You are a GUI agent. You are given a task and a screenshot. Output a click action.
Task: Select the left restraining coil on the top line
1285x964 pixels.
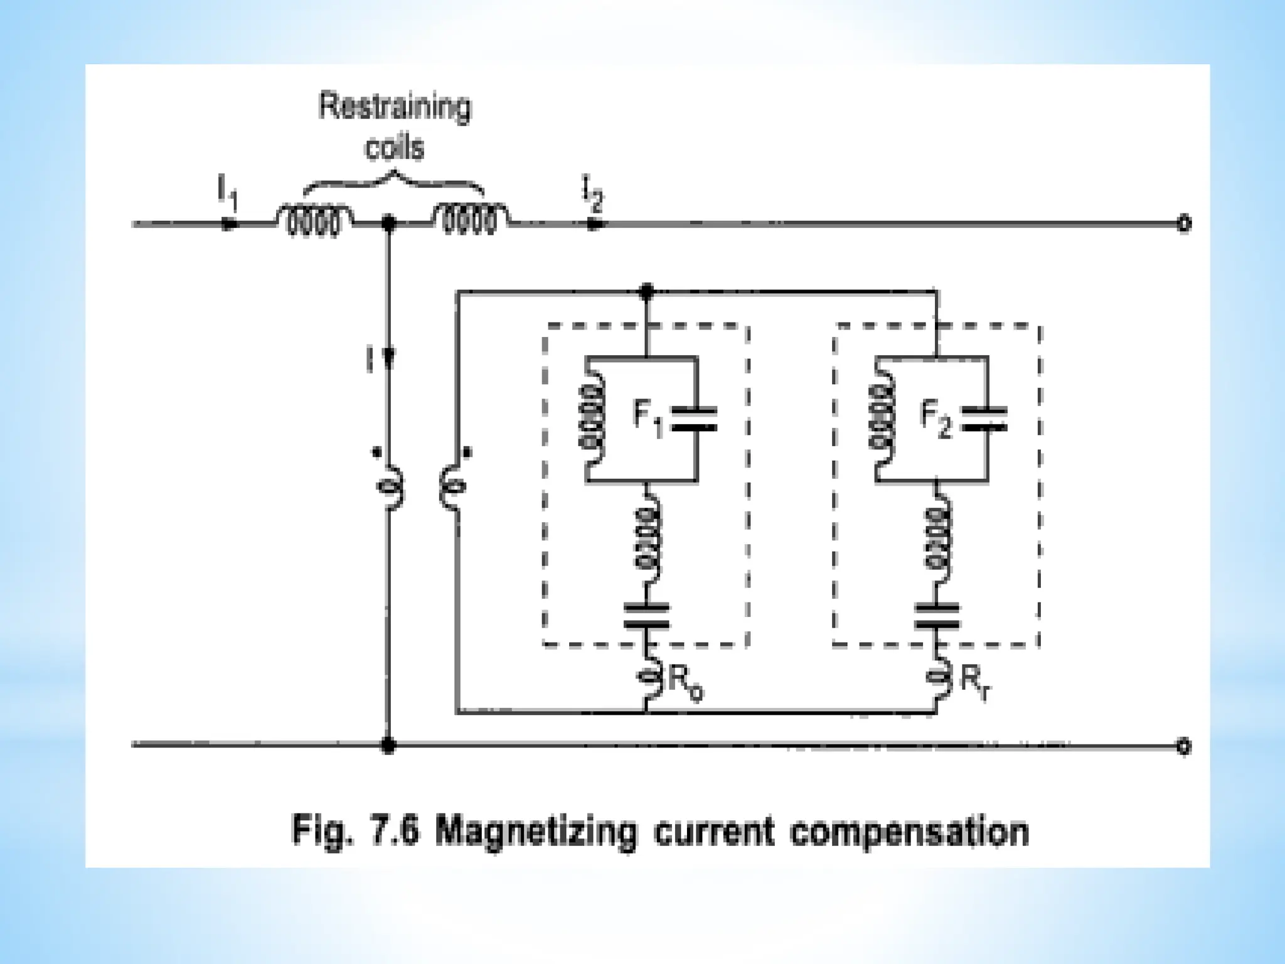[313, 219]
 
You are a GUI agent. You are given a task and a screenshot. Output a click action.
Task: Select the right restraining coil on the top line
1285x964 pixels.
[470, 219]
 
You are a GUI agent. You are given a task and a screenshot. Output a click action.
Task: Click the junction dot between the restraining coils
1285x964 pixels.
[388, 223]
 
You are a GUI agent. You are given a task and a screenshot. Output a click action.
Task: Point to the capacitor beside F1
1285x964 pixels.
[695, 419]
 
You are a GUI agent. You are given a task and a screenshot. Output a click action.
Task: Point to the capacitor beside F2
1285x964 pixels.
[985, 419]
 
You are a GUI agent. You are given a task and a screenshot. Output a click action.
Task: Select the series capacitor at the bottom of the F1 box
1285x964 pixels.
[646, 616]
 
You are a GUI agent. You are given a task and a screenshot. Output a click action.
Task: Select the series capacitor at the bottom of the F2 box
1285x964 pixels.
[937, 616]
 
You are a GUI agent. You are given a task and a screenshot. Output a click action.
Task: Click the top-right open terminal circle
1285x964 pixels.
[1183, 223]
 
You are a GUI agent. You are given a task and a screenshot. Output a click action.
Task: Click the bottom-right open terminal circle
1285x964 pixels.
[1183, 746]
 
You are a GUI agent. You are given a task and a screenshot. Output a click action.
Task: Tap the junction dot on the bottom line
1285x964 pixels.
[388, 746]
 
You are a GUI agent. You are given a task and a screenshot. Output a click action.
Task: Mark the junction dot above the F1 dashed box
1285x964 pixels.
[646, 291]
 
